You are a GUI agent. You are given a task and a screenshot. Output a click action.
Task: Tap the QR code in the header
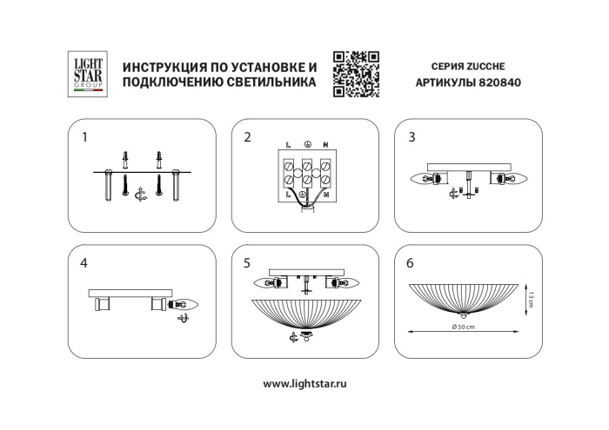tap(357, 72)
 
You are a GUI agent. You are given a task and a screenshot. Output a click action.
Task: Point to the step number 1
tap(84, 137)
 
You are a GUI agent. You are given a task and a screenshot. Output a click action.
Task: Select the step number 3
tap(412, 137)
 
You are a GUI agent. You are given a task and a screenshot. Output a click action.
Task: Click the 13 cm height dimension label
tap(529, 300)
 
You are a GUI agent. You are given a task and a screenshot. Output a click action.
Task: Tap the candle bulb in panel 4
tap(189, 304)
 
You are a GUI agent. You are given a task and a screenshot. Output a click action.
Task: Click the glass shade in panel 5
tap(304, 313)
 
